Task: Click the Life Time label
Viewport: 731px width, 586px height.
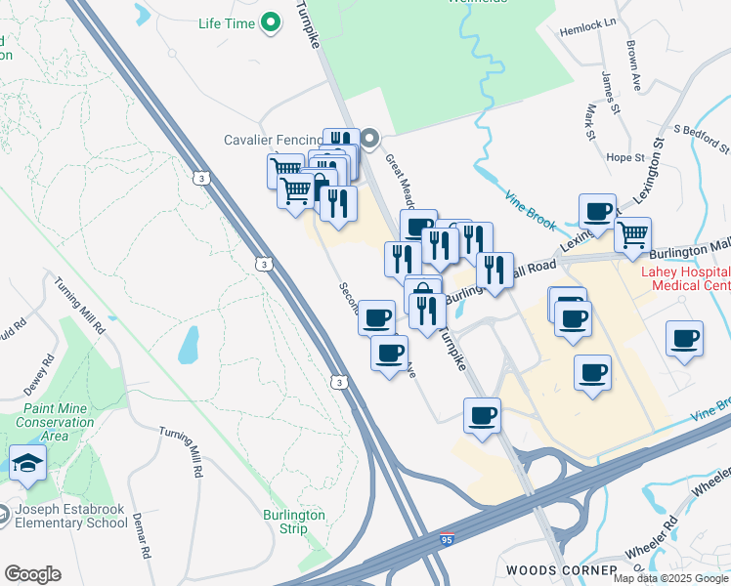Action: coord(226,22)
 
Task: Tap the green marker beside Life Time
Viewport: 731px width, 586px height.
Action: coord(274,22)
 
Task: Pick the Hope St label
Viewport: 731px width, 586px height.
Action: coord(624,157)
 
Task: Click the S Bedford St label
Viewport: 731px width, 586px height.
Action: coord(702,138)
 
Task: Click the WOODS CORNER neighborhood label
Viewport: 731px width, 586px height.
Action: coord(561,569)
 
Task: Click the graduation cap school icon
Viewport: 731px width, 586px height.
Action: coord(26,463)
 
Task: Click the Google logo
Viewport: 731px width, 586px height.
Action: coord(32,574)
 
